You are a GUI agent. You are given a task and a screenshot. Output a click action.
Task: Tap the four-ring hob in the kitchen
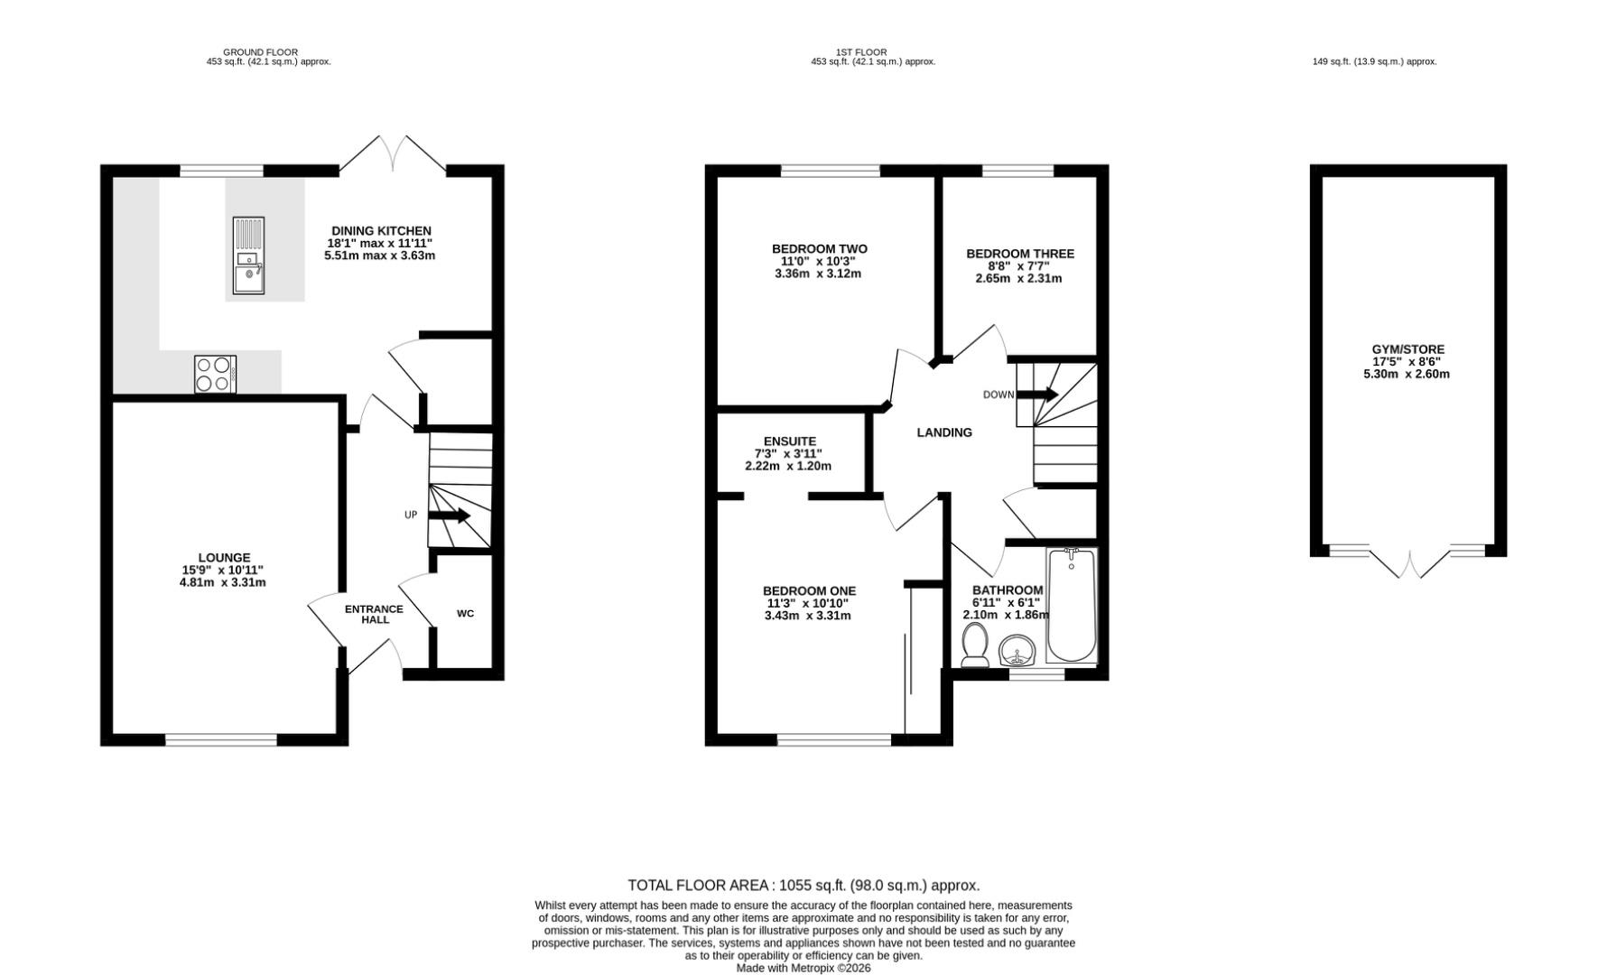(x=216, y=374)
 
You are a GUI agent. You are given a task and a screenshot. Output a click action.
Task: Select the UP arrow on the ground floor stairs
(x=449, y=515)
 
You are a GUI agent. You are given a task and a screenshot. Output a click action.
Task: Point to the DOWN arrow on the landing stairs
(x=1037, y=395)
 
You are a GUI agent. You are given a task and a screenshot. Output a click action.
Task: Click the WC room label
(x=465, y=614)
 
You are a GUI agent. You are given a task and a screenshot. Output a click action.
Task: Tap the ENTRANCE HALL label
(x=375, y=615)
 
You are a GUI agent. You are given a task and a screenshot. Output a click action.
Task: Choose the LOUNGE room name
(x=225, y=558)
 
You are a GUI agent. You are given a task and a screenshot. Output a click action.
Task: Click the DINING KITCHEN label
(x=381, y=231)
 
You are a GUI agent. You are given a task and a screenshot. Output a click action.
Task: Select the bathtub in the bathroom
(x=1072, y=605)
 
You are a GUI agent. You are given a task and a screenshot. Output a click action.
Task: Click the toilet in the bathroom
(x=975, y=646)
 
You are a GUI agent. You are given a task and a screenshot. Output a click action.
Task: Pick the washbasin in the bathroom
(x=1018, y=650)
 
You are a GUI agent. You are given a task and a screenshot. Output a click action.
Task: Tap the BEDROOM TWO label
(x=820, y=249)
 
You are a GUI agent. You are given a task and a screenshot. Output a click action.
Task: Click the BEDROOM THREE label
(x=1020, y=254)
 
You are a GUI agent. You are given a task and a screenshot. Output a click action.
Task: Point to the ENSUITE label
(x=790, y=441)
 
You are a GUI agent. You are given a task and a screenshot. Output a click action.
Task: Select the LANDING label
(x=944, y=432)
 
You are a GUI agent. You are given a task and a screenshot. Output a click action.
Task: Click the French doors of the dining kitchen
(x=393, y=153)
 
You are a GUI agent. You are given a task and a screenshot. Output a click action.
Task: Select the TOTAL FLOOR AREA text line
(x=803, y=886)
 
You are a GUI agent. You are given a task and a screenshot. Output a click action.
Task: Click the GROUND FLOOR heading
(x=260, y=52)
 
